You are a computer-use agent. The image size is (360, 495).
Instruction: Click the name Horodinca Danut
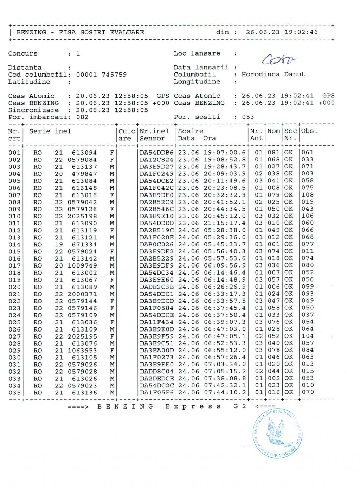point(273,75)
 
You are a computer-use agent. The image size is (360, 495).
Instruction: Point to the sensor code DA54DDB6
point(156,153)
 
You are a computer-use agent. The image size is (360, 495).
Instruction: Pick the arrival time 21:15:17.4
point(225,223)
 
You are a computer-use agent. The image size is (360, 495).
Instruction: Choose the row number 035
point(14,393)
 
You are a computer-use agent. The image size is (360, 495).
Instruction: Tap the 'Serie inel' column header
point(50,131)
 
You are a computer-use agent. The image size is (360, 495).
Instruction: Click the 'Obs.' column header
point(309,131)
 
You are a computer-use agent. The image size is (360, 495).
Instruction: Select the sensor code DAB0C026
point(156,244)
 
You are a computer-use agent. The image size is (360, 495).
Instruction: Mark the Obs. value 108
point(307,195)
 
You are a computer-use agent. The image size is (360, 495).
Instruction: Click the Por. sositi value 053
point(248,117)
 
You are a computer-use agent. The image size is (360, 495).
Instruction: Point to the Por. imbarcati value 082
point(82,117)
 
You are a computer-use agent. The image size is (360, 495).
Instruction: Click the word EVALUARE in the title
point(127,32)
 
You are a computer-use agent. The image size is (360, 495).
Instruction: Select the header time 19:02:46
point(301,32)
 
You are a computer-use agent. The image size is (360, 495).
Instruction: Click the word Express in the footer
point(193,407)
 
